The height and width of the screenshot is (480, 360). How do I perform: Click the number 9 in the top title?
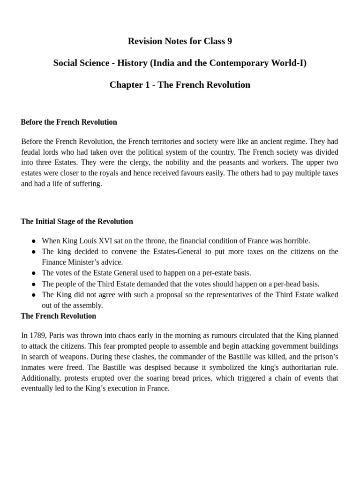click(x=229, y=41)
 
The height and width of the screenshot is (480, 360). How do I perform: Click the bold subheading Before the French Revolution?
click(x=69, y=122)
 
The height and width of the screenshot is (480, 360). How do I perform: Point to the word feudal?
click(x=31, y=152)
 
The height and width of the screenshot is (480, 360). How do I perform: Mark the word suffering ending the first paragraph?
click(x=87, y=184)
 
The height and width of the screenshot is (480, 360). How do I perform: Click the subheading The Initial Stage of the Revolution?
click(x=77, y=221)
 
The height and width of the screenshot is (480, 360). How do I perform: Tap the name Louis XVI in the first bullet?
click(x=96, y=241)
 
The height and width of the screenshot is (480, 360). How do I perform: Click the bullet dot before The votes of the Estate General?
click(x=34, y=273)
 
